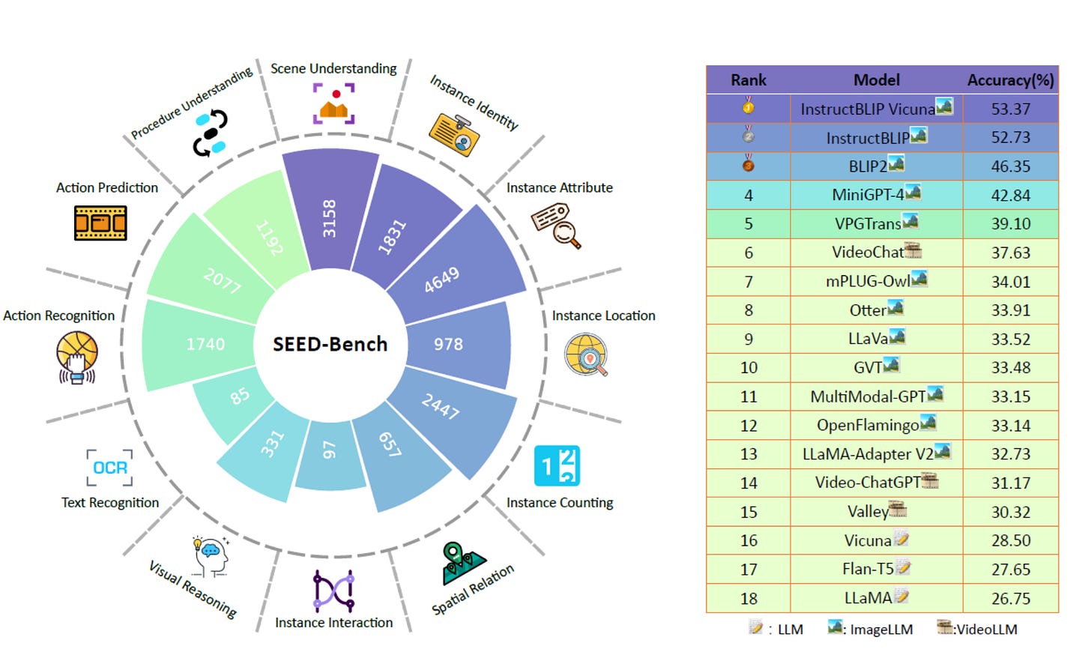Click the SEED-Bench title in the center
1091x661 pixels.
click(330, 344)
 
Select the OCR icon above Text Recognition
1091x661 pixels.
click(109, 468)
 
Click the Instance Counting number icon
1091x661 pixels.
click(557, 466)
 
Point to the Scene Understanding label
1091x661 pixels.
click(333, 68)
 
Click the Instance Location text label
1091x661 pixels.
click(603, 316)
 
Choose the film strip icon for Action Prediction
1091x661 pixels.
click(100, 223)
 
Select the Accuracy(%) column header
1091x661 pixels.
click(1010, 79)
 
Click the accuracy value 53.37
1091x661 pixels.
click(1010, 109)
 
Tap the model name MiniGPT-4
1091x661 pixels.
click(868, 195)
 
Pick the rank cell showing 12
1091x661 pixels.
click(749, 426)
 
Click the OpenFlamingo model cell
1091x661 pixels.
click(868, 426)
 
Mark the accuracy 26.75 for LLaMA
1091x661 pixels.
click(1010, 598)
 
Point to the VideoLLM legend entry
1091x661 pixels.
click(978, 629)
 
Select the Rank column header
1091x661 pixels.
click(749, 79)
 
